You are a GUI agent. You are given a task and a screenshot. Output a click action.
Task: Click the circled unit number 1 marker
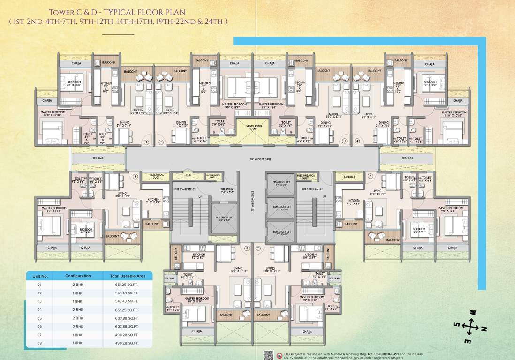146,141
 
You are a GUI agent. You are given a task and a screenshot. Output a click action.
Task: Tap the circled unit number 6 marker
136,177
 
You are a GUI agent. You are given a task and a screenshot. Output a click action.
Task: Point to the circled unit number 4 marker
357,141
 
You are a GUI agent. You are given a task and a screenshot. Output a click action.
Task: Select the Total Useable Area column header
128,276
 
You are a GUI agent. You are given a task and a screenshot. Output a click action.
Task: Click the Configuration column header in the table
78,276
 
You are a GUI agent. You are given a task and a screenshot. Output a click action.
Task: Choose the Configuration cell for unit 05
78,318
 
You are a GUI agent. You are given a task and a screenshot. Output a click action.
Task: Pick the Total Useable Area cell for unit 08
128,343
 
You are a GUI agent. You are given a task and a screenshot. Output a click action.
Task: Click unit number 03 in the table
39,301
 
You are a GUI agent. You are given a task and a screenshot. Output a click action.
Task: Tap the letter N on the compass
485,329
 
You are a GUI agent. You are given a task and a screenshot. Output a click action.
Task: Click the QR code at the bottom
269,355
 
